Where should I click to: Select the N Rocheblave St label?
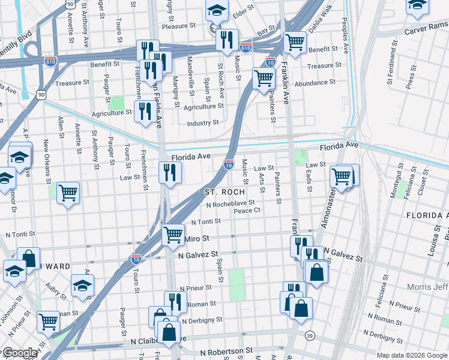click(x=231, y=203)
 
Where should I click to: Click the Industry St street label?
click(x=202, y=123)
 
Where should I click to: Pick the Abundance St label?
click(x=315, y=83)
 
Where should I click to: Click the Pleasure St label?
click(x=179, y=26)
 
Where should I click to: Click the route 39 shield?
click(x=310, y=335)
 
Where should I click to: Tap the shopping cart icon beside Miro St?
click(x=173, y=234)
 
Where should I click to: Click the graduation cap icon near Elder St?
click(x=217, y=9)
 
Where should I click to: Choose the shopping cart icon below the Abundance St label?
click(x=264, y=77)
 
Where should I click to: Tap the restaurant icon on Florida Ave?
click(x=170, y=173)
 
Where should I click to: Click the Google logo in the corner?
click(x=20, y=353)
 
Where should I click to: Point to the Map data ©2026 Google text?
click(x=412, y=355)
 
